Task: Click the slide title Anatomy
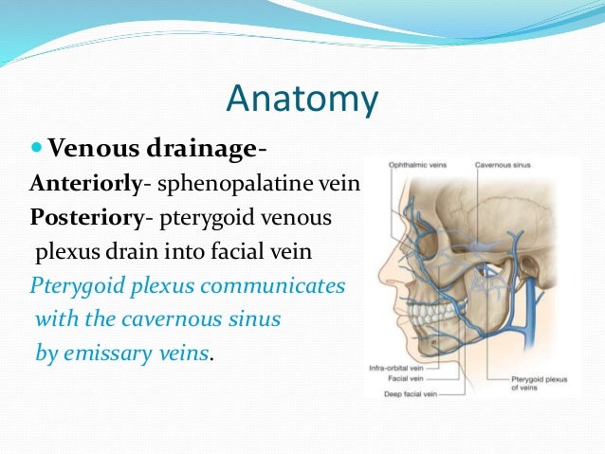click(x=303, y=100)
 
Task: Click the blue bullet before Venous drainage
click(x=37, y=148)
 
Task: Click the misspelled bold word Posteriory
click(x=86, y=218)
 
